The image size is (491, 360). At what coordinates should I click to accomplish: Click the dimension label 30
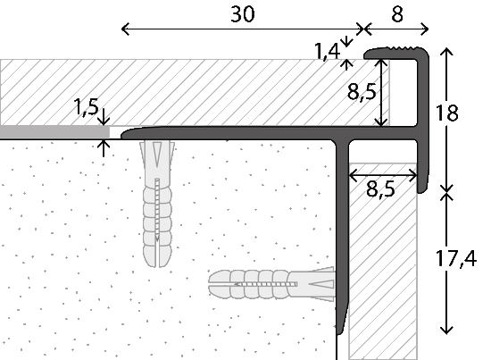tap(243, 14)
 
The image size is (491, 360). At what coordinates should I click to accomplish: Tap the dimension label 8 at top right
tap(397, 14)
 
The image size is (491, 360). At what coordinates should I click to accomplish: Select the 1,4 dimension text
tap(327, 52)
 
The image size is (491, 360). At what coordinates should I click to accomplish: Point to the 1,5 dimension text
tap(86, 107)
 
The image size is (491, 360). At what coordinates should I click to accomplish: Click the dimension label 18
tap(447, 113)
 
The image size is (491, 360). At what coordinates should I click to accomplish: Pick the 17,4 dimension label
tap(456, 259)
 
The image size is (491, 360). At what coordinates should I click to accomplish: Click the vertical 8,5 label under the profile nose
tap(362, 92)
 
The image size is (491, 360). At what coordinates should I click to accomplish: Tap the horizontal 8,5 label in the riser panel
tap(380, 189)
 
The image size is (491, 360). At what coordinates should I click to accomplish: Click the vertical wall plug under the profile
tap(157, 204)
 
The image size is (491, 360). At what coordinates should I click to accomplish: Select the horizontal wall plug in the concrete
tap(271, 284)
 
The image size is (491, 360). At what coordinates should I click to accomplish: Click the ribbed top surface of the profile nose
tap(404, 48)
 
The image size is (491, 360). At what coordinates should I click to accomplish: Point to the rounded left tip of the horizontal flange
tap(123, 134)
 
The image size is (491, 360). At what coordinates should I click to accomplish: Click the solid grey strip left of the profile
tap(54, 132)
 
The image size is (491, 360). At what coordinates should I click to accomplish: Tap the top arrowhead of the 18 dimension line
tap(447, 51)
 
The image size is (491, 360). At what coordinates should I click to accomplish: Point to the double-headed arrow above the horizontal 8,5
tap(383, 175)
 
